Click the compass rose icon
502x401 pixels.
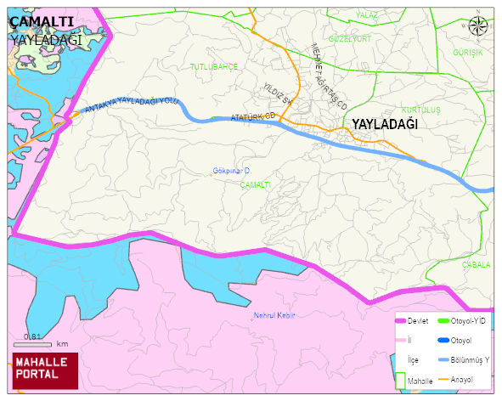478,26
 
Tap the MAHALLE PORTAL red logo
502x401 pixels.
44,368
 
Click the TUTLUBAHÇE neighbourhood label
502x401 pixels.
214,66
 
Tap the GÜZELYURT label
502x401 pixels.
350,39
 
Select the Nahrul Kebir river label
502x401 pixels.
274,316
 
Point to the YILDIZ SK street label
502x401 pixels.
277,94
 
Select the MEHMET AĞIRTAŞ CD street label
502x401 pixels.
330,76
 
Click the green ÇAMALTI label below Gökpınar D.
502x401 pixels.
255,184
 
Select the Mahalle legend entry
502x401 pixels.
420,382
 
